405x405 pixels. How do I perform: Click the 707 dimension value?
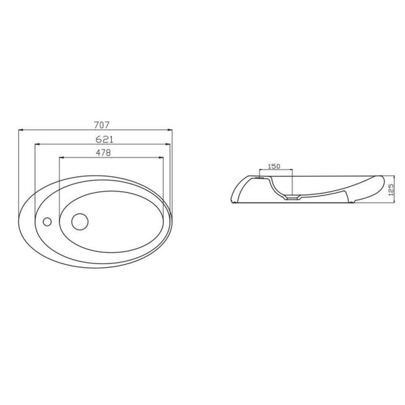click(102, 125)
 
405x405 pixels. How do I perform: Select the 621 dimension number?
click(104, 139)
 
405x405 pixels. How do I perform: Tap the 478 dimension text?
click(103, 153)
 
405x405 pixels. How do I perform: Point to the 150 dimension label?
click(274, 166)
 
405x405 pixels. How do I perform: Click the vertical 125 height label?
click(390, 190)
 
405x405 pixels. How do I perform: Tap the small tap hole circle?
click(47, 222)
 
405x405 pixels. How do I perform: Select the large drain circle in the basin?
click(80, 221)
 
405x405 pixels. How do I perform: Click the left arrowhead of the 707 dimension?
click(21, 130)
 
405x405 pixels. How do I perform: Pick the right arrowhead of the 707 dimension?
click(170, 130)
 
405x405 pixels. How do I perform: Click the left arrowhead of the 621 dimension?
click(37, 144)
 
